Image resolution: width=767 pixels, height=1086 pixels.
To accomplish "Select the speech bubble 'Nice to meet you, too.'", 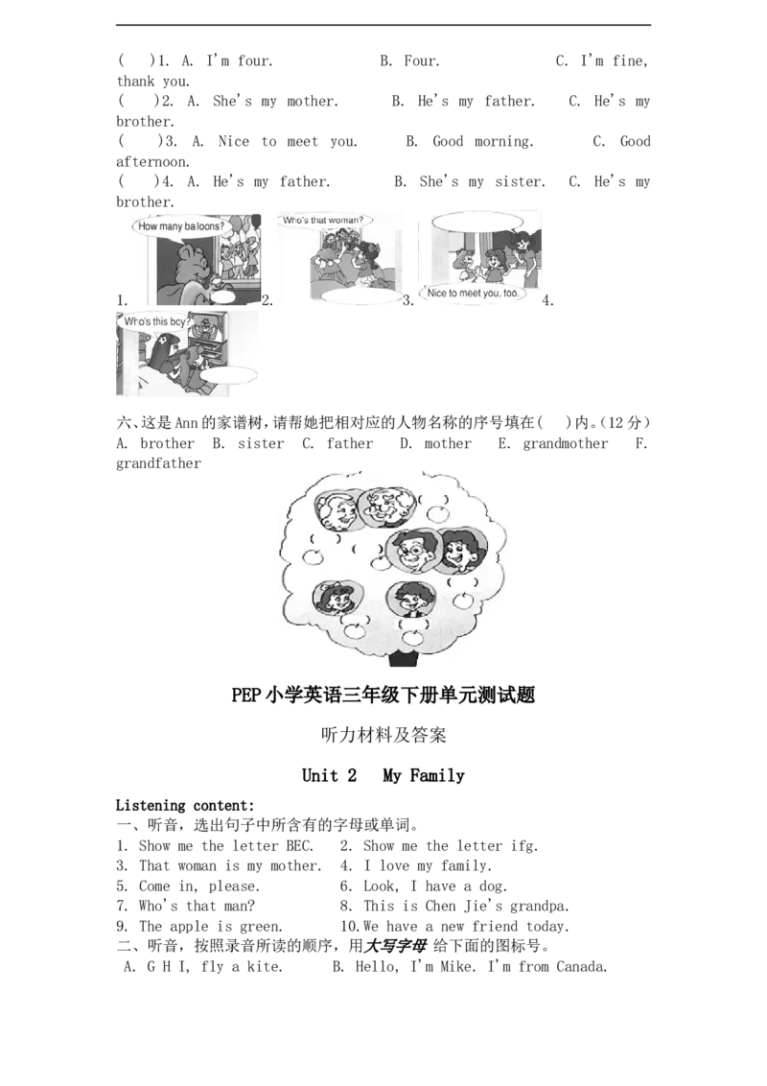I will pos(476,294).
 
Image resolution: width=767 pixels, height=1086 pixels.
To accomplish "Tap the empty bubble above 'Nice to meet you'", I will pos(476,221).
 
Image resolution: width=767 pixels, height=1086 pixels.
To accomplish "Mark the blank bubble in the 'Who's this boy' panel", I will pos(228,375).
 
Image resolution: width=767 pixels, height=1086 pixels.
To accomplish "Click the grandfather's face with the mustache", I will pos(388,509).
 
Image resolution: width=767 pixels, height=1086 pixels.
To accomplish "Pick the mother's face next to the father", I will pos(461,550).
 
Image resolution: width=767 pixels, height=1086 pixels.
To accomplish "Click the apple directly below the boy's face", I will pos(413,636).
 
